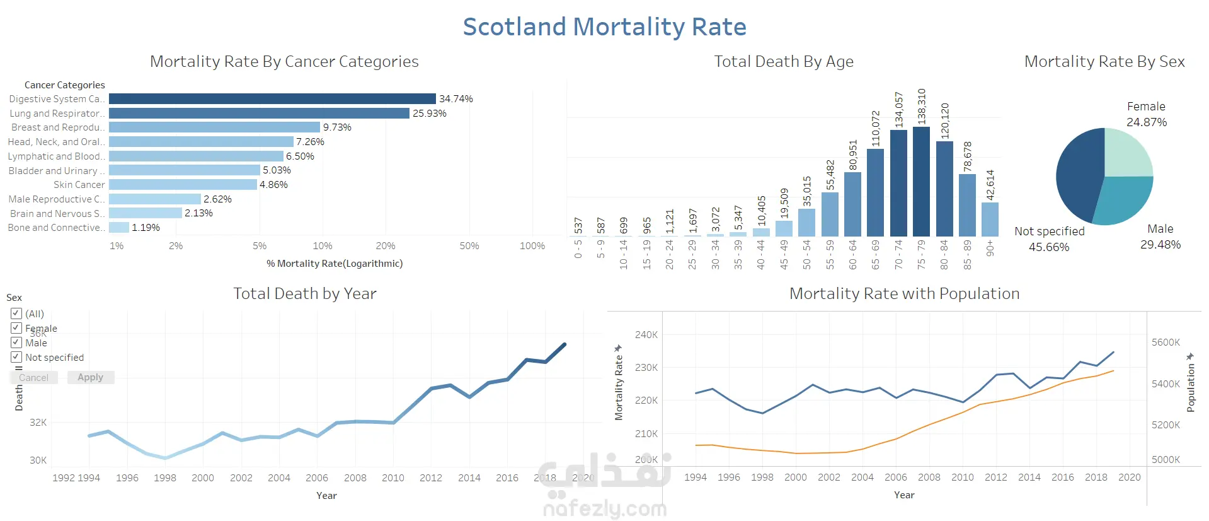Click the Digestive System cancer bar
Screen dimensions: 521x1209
[x=272, y=99]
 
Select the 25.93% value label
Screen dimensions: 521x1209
[x=429, y=114]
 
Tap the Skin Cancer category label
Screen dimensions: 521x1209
[x=79, y=185]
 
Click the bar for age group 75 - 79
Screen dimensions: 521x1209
[x=921, y=182]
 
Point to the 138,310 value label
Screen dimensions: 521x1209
[x=922, y=106]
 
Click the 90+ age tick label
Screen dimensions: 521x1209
[x=990, y=248]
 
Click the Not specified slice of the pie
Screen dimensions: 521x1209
[x=1079, y=177]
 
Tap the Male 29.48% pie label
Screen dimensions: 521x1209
[x=1160, y=237]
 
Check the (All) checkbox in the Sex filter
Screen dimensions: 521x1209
[x=16, y=313]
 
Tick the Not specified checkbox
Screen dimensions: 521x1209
[x=16, y=357]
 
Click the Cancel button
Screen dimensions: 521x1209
[x=33, y=378]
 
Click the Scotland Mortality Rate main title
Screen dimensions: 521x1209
[x=604, y=27]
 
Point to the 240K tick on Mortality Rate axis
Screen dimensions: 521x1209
[x=646, y=335]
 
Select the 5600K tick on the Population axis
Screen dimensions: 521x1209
[x=1166, y=342]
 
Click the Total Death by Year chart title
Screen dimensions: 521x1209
[x=304, y=294]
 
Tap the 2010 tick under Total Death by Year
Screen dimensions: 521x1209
[x=393, y=478]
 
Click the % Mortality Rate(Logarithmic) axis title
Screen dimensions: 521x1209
[x=334, y=264]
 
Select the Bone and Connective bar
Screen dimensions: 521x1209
[x=119, y=228]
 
